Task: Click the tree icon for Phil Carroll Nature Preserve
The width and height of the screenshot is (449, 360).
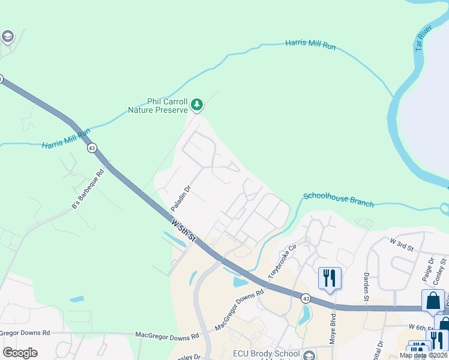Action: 196,106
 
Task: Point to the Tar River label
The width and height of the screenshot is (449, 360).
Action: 423,38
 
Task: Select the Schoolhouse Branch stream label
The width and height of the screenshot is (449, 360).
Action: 339,199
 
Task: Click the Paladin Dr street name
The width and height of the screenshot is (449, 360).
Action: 180,198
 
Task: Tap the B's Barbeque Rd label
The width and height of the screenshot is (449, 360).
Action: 88,189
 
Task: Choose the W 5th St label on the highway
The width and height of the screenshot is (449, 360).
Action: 183,230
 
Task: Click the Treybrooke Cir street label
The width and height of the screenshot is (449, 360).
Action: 283,260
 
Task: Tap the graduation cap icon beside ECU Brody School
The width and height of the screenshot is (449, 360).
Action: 309,355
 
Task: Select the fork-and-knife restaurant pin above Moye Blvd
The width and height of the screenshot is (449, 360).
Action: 330,278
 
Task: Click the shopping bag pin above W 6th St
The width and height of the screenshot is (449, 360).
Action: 433,301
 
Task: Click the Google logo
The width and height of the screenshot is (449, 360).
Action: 20,353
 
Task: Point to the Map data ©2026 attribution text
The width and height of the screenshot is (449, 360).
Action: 423,355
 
